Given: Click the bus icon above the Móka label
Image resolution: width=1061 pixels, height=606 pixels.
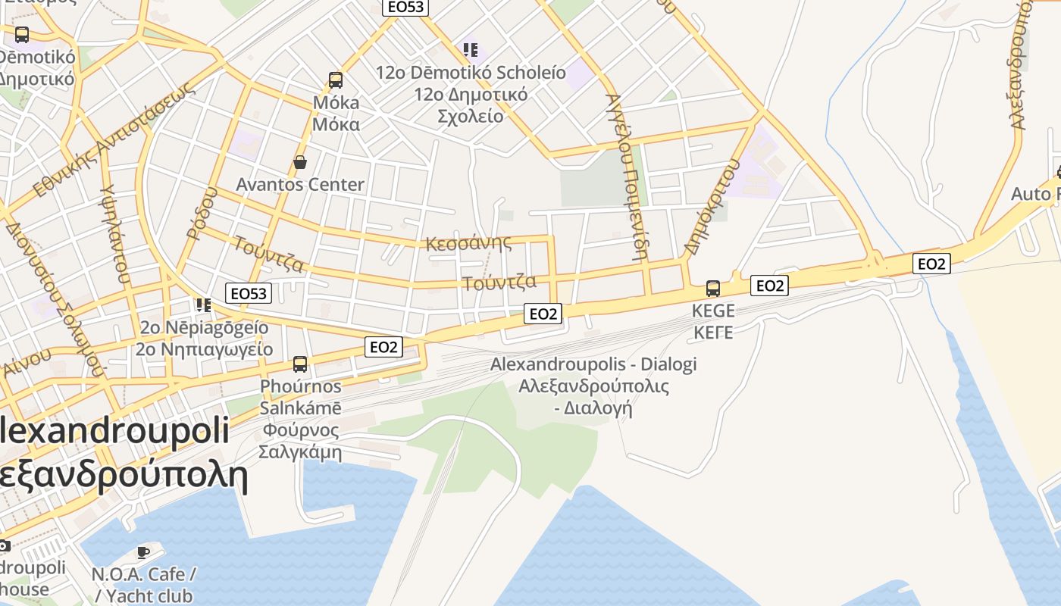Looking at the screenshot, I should click(x=335, y=80).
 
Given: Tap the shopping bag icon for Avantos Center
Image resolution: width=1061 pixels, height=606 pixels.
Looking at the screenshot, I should click(x=300, y=162).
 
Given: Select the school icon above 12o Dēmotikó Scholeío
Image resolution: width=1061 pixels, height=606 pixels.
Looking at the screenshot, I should click(x=471, y=50).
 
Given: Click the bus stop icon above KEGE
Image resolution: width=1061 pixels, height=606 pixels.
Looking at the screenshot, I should click(x=713, y=288).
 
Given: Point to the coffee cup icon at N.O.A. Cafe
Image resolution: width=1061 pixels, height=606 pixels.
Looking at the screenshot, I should click(x=142, y=552).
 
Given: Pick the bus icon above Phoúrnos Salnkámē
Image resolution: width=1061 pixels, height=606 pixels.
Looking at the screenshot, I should click(x=300, y=364).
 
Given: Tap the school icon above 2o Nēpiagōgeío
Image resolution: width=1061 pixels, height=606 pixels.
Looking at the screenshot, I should click(x=203, y=305).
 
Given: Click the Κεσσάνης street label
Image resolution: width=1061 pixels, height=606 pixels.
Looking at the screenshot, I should click(x=468, y=243).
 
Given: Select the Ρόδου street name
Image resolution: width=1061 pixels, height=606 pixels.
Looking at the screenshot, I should click(x=201, y=214).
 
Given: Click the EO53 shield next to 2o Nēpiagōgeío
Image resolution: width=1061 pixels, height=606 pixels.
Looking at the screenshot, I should click(x=249, y=293).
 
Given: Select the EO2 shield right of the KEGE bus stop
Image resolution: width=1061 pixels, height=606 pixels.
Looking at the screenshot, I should click(x=769, y=286).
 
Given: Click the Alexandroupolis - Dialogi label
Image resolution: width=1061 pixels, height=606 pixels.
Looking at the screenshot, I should click(x=593, y=364).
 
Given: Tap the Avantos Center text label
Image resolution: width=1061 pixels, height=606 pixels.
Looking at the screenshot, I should click(x=300, y=184).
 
